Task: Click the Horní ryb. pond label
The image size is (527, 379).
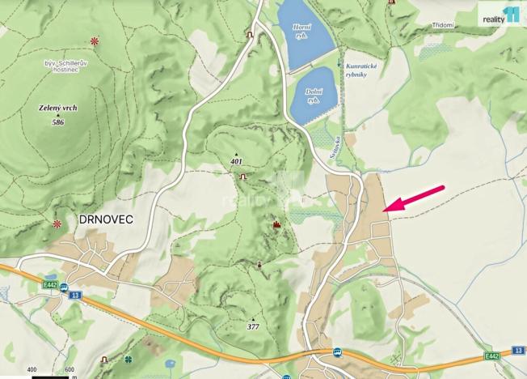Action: (301, 32)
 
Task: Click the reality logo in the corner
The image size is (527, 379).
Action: (500, 15)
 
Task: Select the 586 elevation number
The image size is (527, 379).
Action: (57, 122)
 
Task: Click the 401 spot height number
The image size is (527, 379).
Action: (236, 162)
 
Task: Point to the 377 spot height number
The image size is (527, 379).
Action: (253, 327)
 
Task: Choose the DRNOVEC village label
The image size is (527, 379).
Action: (106, 219)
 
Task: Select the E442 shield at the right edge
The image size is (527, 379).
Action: (491, 356)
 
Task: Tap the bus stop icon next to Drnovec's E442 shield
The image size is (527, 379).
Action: (75, 284)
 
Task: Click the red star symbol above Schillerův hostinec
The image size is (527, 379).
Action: (95, 40)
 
